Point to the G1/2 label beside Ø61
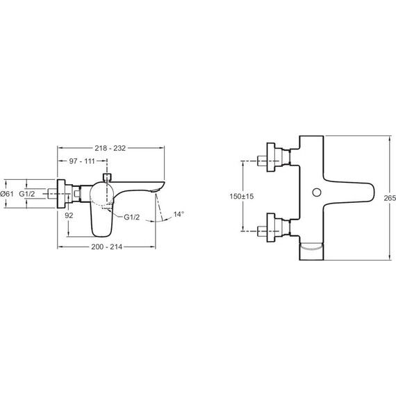[x=27, y=193]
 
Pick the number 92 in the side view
[x=69, y=215]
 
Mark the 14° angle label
[x=179, y=214]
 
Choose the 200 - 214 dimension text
[x=110, y=248]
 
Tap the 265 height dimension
[x=389, y=198]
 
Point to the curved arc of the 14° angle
[x=167, y=218]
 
